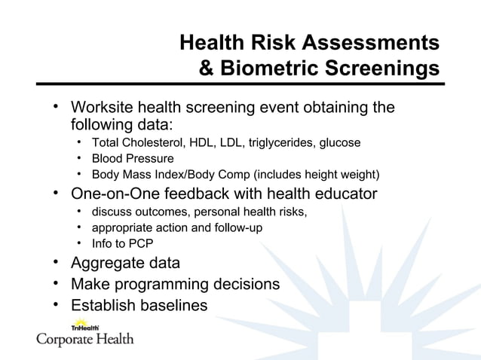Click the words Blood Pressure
point(133,159)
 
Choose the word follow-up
point(237,227)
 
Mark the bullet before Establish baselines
point(57,305)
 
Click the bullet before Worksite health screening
point(57,107)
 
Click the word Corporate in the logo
point(64,340)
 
